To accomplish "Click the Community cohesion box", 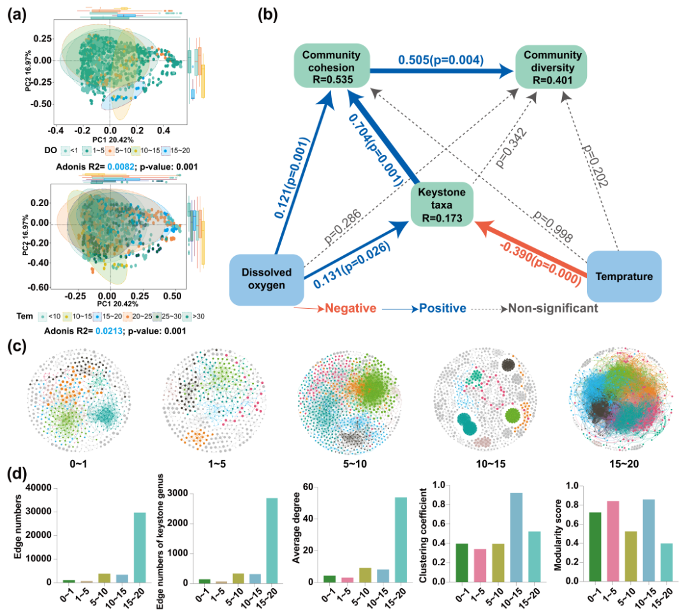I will (x=331, y=66).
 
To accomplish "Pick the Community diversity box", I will (x=552, y=66).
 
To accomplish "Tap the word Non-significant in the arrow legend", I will (x=552, y=309).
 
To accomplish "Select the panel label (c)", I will (x=17, y=348).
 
